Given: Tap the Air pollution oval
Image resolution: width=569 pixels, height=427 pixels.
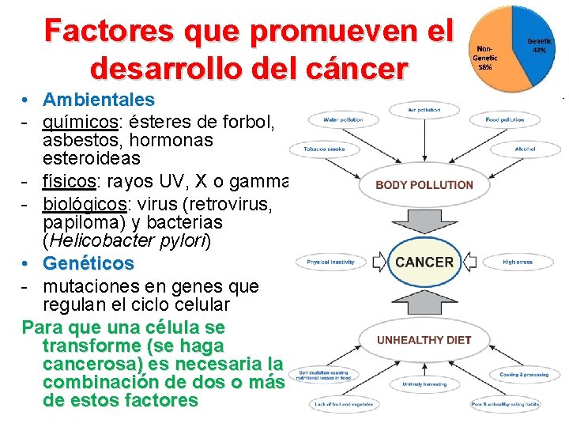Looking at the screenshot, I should click(x=424, y=109).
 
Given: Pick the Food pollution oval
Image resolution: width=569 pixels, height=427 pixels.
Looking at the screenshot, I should click(x=505, y=120).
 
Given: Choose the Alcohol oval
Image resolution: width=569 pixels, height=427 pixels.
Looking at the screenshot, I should click(x=525, y=149).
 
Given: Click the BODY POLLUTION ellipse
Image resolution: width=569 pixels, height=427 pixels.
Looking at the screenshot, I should click(x=424, y=185).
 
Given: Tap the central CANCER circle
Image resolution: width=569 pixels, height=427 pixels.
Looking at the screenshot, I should click(x=424, y=262).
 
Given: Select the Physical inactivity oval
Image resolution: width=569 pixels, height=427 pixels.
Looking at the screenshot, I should click(x=330, y=262).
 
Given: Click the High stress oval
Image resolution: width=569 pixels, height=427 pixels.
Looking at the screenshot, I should click(x=518, y=262).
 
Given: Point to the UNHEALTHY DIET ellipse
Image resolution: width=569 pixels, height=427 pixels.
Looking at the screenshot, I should click(x=424, y=340).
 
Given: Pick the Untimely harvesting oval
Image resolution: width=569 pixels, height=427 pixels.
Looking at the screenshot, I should click(x=424, y=384).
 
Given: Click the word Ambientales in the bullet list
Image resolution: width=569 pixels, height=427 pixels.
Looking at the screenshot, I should click(x=99, y=100).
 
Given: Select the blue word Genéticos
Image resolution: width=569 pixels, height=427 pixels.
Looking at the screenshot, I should click(x=89, y=263).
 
